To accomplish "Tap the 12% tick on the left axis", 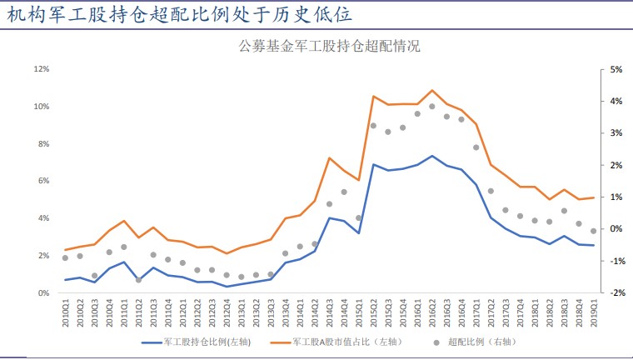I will point(42,69).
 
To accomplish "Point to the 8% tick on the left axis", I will point(44,144).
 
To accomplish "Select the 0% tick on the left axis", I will point(44,293).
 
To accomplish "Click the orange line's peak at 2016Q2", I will point(431,90).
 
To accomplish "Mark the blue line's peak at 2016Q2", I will point(431,156).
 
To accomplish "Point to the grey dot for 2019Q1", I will point(592,231).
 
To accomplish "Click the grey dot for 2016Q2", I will point(431,107).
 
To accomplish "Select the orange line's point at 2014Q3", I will point(330,157).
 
